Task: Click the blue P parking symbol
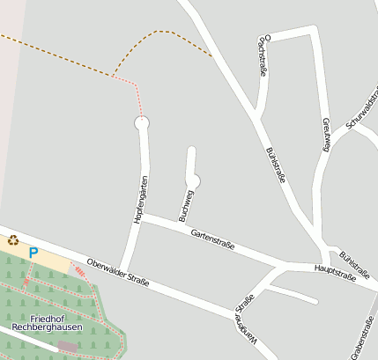click(33, 253)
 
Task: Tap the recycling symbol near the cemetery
click(12, 239)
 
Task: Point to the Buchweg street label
click(186, 204)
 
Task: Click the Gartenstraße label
click(212, 239)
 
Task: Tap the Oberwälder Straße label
click(118, 273)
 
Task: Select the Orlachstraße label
click(262, 57)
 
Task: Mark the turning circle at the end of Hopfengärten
click(142, 124)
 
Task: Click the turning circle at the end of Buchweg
click(193, 181)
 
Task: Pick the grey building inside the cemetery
click(67, 348)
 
